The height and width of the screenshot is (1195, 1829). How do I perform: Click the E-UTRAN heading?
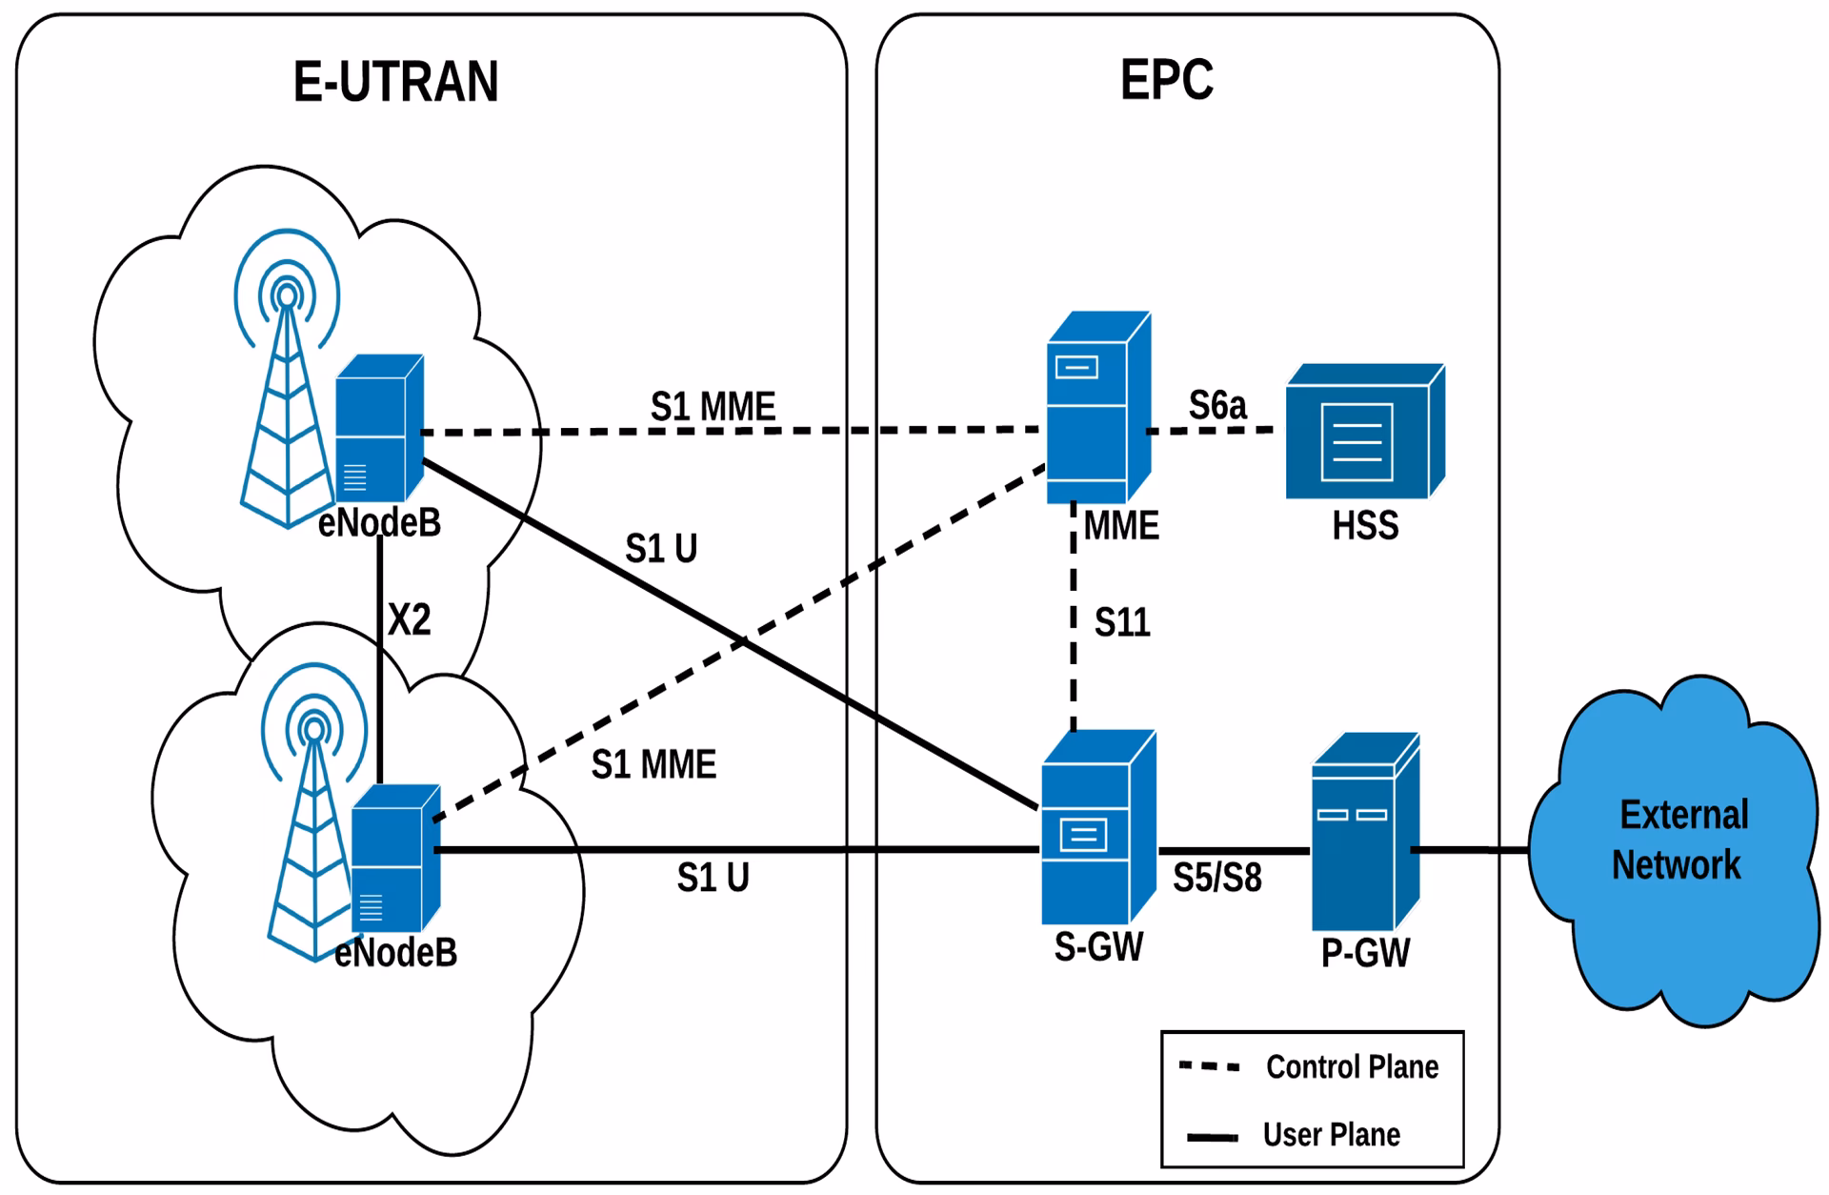(x=395, y=81)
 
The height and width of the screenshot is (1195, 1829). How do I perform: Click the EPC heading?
(x=1166, y=79)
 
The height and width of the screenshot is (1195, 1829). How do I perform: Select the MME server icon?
(x=1096, y=408)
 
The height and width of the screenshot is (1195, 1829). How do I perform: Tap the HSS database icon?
(x=1363, y=433)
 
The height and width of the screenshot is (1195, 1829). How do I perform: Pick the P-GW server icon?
(x=1364, y=833)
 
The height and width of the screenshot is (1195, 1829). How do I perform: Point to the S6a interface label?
(x=1216, y=406)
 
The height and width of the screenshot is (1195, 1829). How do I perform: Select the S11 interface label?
(x=1121, y=623)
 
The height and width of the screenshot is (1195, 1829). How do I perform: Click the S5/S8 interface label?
(x=1216, y=878)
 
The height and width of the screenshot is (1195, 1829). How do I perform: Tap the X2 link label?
(x=409, y=620)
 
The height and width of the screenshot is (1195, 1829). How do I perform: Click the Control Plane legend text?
(x=1351, y=1067)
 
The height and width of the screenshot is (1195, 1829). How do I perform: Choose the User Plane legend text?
(x=1331, y=1135)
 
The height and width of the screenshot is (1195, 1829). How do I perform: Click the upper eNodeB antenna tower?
(x=286, y=400)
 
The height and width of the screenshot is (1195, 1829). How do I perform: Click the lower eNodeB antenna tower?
(x=312, y=839)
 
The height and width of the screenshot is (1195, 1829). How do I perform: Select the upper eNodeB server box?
(x=378, y=429)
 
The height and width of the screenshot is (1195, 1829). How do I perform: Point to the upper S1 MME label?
(x=713, y=407)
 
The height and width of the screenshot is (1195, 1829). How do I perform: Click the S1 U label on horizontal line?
(x=713, y=878)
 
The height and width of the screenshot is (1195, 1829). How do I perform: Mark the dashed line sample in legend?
(x=1209, y=1067)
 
